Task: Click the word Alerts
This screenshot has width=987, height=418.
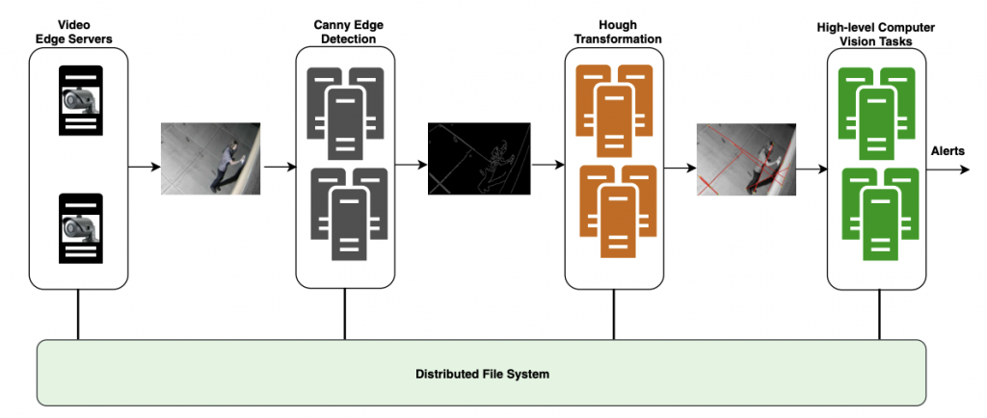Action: (x=948, y=151)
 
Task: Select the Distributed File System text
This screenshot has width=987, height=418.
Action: (x=482, y=373)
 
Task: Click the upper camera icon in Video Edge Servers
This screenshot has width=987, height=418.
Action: (x=81, y=100)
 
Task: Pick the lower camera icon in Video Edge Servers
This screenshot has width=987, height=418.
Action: (x=81, y=227)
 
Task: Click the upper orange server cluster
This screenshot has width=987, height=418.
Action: (x=614, y=110)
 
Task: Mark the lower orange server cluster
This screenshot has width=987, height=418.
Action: (x=614, y=210)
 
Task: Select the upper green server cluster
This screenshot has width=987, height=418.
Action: (x=877, y=110)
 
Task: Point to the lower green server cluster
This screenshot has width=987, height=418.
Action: (x=877, y=210)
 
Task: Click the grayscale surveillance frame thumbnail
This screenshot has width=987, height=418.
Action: (x=210, y=158)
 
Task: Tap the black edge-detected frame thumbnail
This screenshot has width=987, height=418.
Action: (x=479, y=158)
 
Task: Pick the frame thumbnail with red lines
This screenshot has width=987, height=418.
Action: (x=746, y=159)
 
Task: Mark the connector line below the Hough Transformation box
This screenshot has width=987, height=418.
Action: (x=614, y=314)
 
